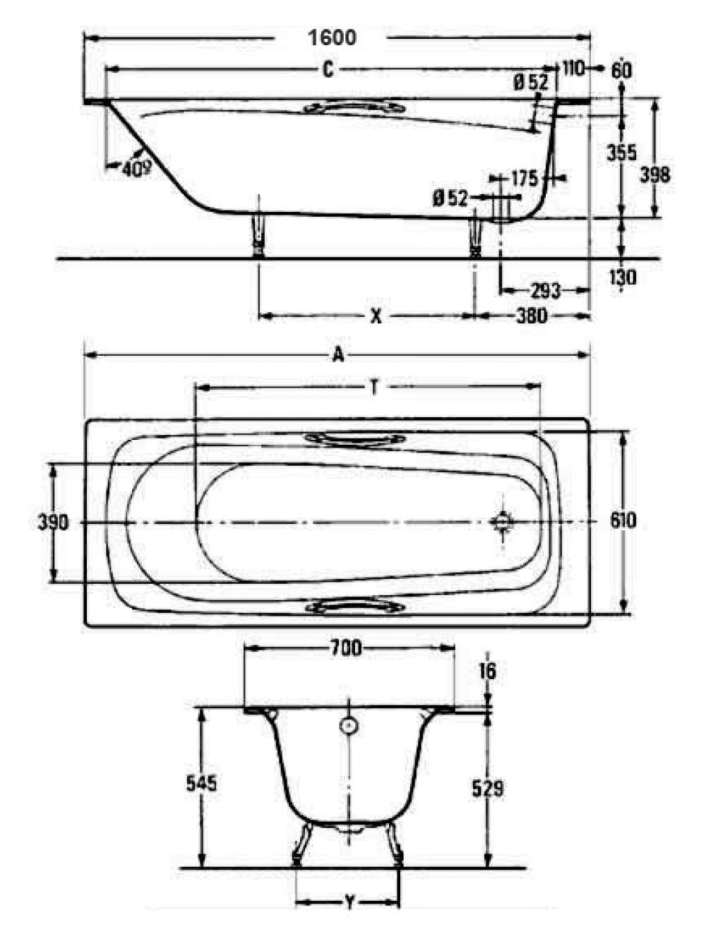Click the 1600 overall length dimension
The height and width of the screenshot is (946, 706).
coord(333,37)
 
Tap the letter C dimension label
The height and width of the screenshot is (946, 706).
coord(328,70)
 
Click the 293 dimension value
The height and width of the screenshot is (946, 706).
coord(545,292)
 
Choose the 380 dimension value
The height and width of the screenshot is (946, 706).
coord(532,316)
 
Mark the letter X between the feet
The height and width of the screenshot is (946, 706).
coord(376,317)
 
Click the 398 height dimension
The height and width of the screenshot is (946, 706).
coord(654,175)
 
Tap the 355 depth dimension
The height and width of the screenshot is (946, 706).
coord(621,152)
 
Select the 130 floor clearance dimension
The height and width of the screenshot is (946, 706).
coord(623,278)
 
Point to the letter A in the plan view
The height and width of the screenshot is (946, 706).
coord(337,355)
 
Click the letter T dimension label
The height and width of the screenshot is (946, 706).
coord(374,388)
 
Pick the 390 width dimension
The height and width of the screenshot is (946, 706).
coord(53,523)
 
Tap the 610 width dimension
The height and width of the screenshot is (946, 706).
coord(623,521)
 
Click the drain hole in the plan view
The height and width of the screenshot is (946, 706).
coord(502,522)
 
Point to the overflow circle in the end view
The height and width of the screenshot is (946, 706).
coord(348,726)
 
